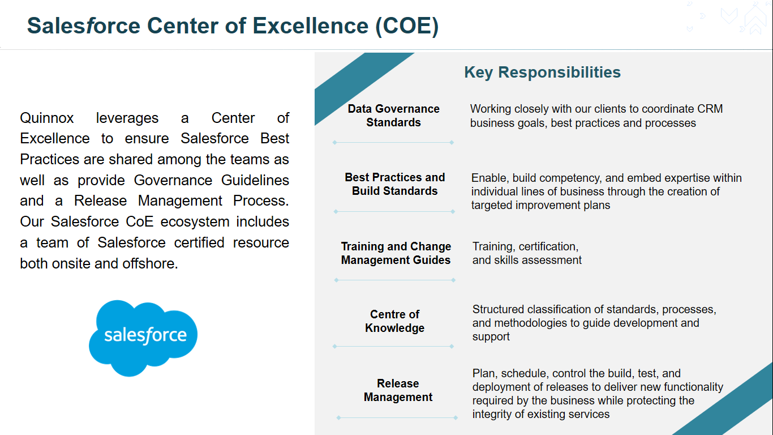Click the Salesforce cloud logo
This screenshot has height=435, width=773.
tap(143, 338)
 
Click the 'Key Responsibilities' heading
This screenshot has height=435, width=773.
tap(542, 72)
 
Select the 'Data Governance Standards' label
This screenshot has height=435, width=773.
tap(393, 116)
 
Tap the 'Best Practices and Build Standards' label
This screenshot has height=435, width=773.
tap(395, 184)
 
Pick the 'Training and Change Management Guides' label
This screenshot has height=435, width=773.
tap(396, 253)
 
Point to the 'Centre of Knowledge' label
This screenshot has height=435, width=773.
tap(395, 321)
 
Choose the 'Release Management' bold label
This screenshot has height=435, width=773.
tap(398, 390)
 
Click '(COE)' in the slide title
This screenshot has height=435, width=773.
tap(407, 26)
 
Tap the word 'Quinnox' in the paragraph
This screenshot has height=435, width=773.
tap(46, 118)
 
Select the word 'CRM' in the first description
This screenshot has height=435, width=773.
tap(710, 109)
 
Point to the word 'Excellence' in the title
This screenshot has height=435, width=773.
tap(311, 26)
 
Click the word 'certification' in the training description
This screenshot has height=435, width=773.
tap(548, 247)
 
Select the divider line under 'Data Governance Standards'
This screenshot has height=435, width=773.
tap(393, 142)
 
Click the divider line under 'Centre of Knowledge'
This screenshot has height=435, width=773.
tap(393, 346)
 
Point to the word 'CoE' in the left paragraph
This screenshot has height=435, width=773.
tap(139, 222)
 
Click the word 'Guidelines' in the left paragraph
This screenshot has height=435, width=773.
tap(255, 180)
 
